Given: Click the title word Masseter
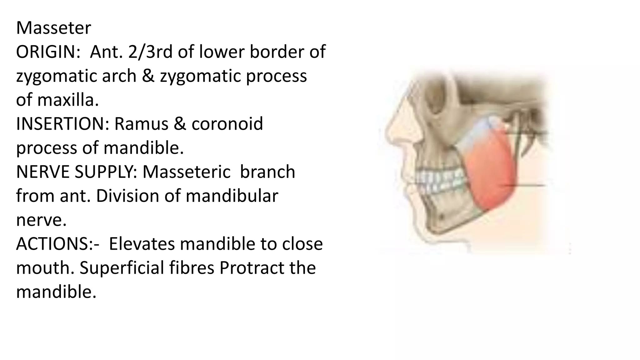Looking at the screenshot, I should pyautogui.click(x=53, y=28).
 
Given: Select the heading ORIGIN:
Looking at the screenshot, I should pyautogui.click(x=48, y=52).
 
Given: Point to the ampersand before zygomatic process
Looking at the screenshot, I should pyautogui.click(x=148, y=76).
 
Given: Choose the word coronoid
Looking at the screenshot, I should pyautogui.click(x=227, y=124).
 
